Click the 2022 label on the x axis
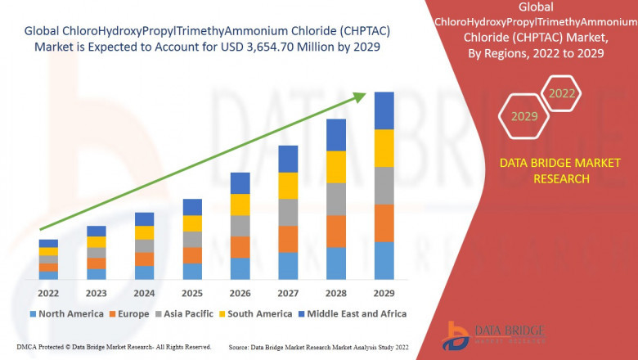pos(48,292)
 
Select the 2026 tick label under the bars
pos(240,292)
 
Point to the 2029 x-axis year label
pos(384,292)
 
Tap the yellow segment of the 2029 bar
pos(384,148)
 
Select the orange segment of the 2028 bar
pos(335,231)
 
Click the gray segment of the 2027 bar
pos(288,212)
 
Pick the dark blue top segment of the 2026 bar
pos(240,182)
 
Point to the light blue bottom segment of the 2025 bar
pos(192,271)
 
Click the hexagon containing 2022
pos(561,94)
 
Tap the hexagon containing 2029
pos(524,116)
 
